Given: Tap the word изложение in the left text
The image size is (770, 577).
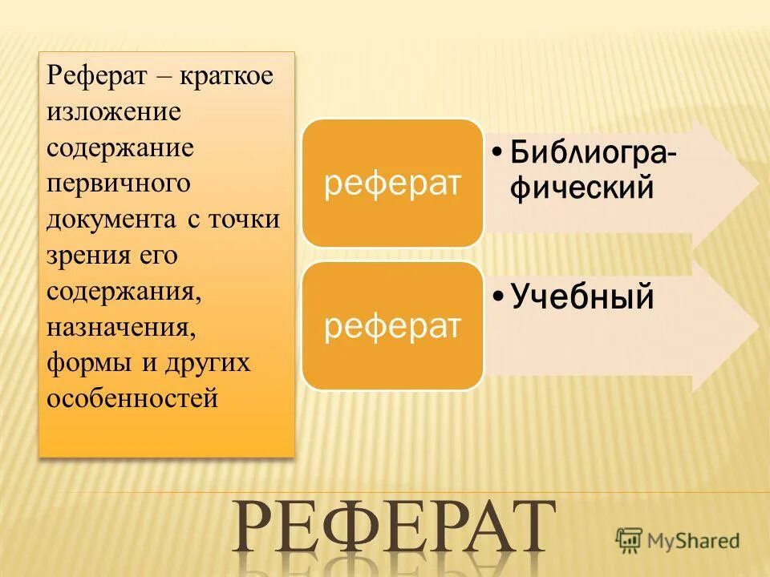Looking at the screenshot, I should pos(113,112).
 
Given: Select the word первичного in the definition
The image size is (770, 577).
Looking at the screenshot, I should pos(118,184).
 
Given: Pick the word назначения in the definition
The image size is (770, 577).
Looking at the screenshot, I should pos(120,326).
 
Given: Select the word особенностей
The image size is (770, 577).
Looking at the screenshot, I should pos(132,397).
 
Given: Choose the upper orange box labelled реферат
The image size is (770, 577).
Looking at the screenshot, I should pos(392,183).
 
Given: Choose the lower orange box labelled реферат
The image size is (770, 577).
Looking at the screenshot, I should pos(392,326).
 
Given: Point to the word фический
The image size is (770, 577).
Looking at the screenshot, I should pos(581,188).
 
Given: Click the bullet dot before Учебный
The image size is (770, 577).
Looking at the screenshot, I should pos(498,299).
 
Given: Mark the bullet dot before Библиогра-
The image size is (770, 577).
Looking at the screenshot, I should pos(498,152).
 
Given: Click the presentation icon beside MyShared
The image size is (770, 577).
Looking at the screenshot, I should pos(630,539).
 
